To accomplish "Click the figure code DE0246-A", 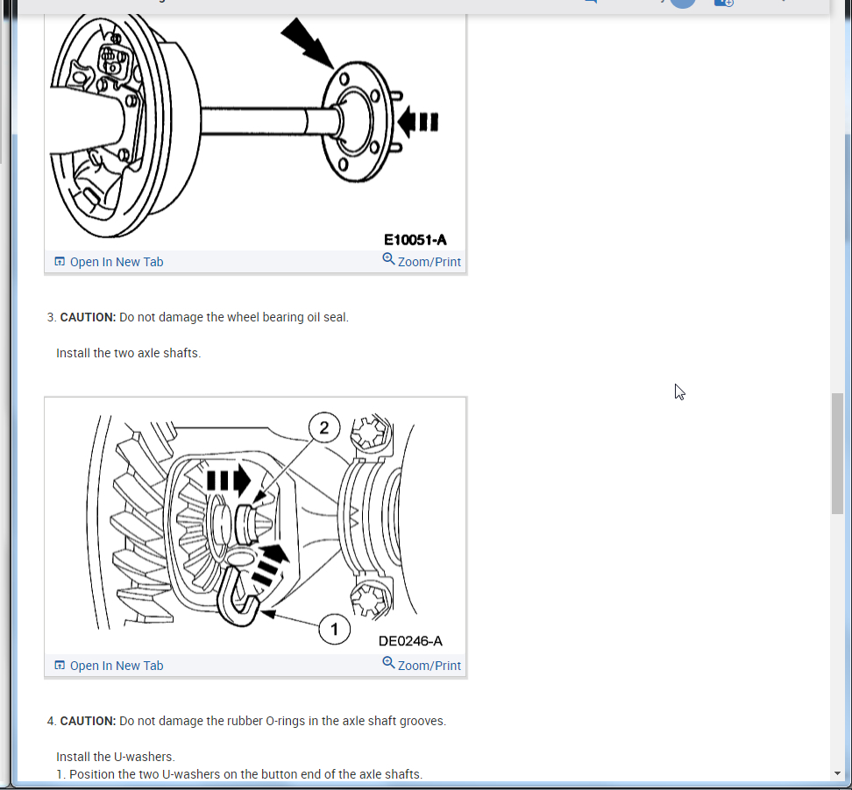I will pyautogui.click(x=410, y=641).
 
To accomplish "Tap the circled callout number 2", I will pyautogui.click(x=324, y=428).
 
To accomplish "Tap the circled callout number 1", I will pyautogui.click(x=334, y=629).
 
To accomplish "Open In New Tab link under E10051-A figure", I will pyautogui.click(x=117, y=262).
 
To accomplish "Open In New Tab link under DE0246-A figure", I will pyautogui.click(x=117, y=666).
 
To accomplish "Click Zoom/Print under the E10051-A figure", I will pyautogui.click(x=422, y=262).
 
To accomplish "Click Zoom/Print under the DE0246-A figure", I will pyautogui.click(x=422, y=666).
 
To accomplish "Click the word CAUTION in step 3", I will pyautogui.click(x=88, y=317).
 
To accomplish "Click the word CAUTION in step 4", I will pyautogui.click(x=88, y=721).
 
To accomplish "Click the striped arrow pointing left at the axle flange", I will pyautogui.click(x=419, y=120).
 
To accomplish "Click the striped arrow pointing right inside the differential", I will pyautogui.click(x=228, y=480).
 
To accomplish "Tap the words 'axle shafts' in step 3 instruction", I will pyautogui.click(x=169, y=354).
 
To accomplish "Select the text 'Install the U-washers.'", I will pyautogui.click(x=116, y=757).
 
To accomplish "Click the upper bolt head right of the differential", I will pyautogui.click(x=370, y=434).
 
